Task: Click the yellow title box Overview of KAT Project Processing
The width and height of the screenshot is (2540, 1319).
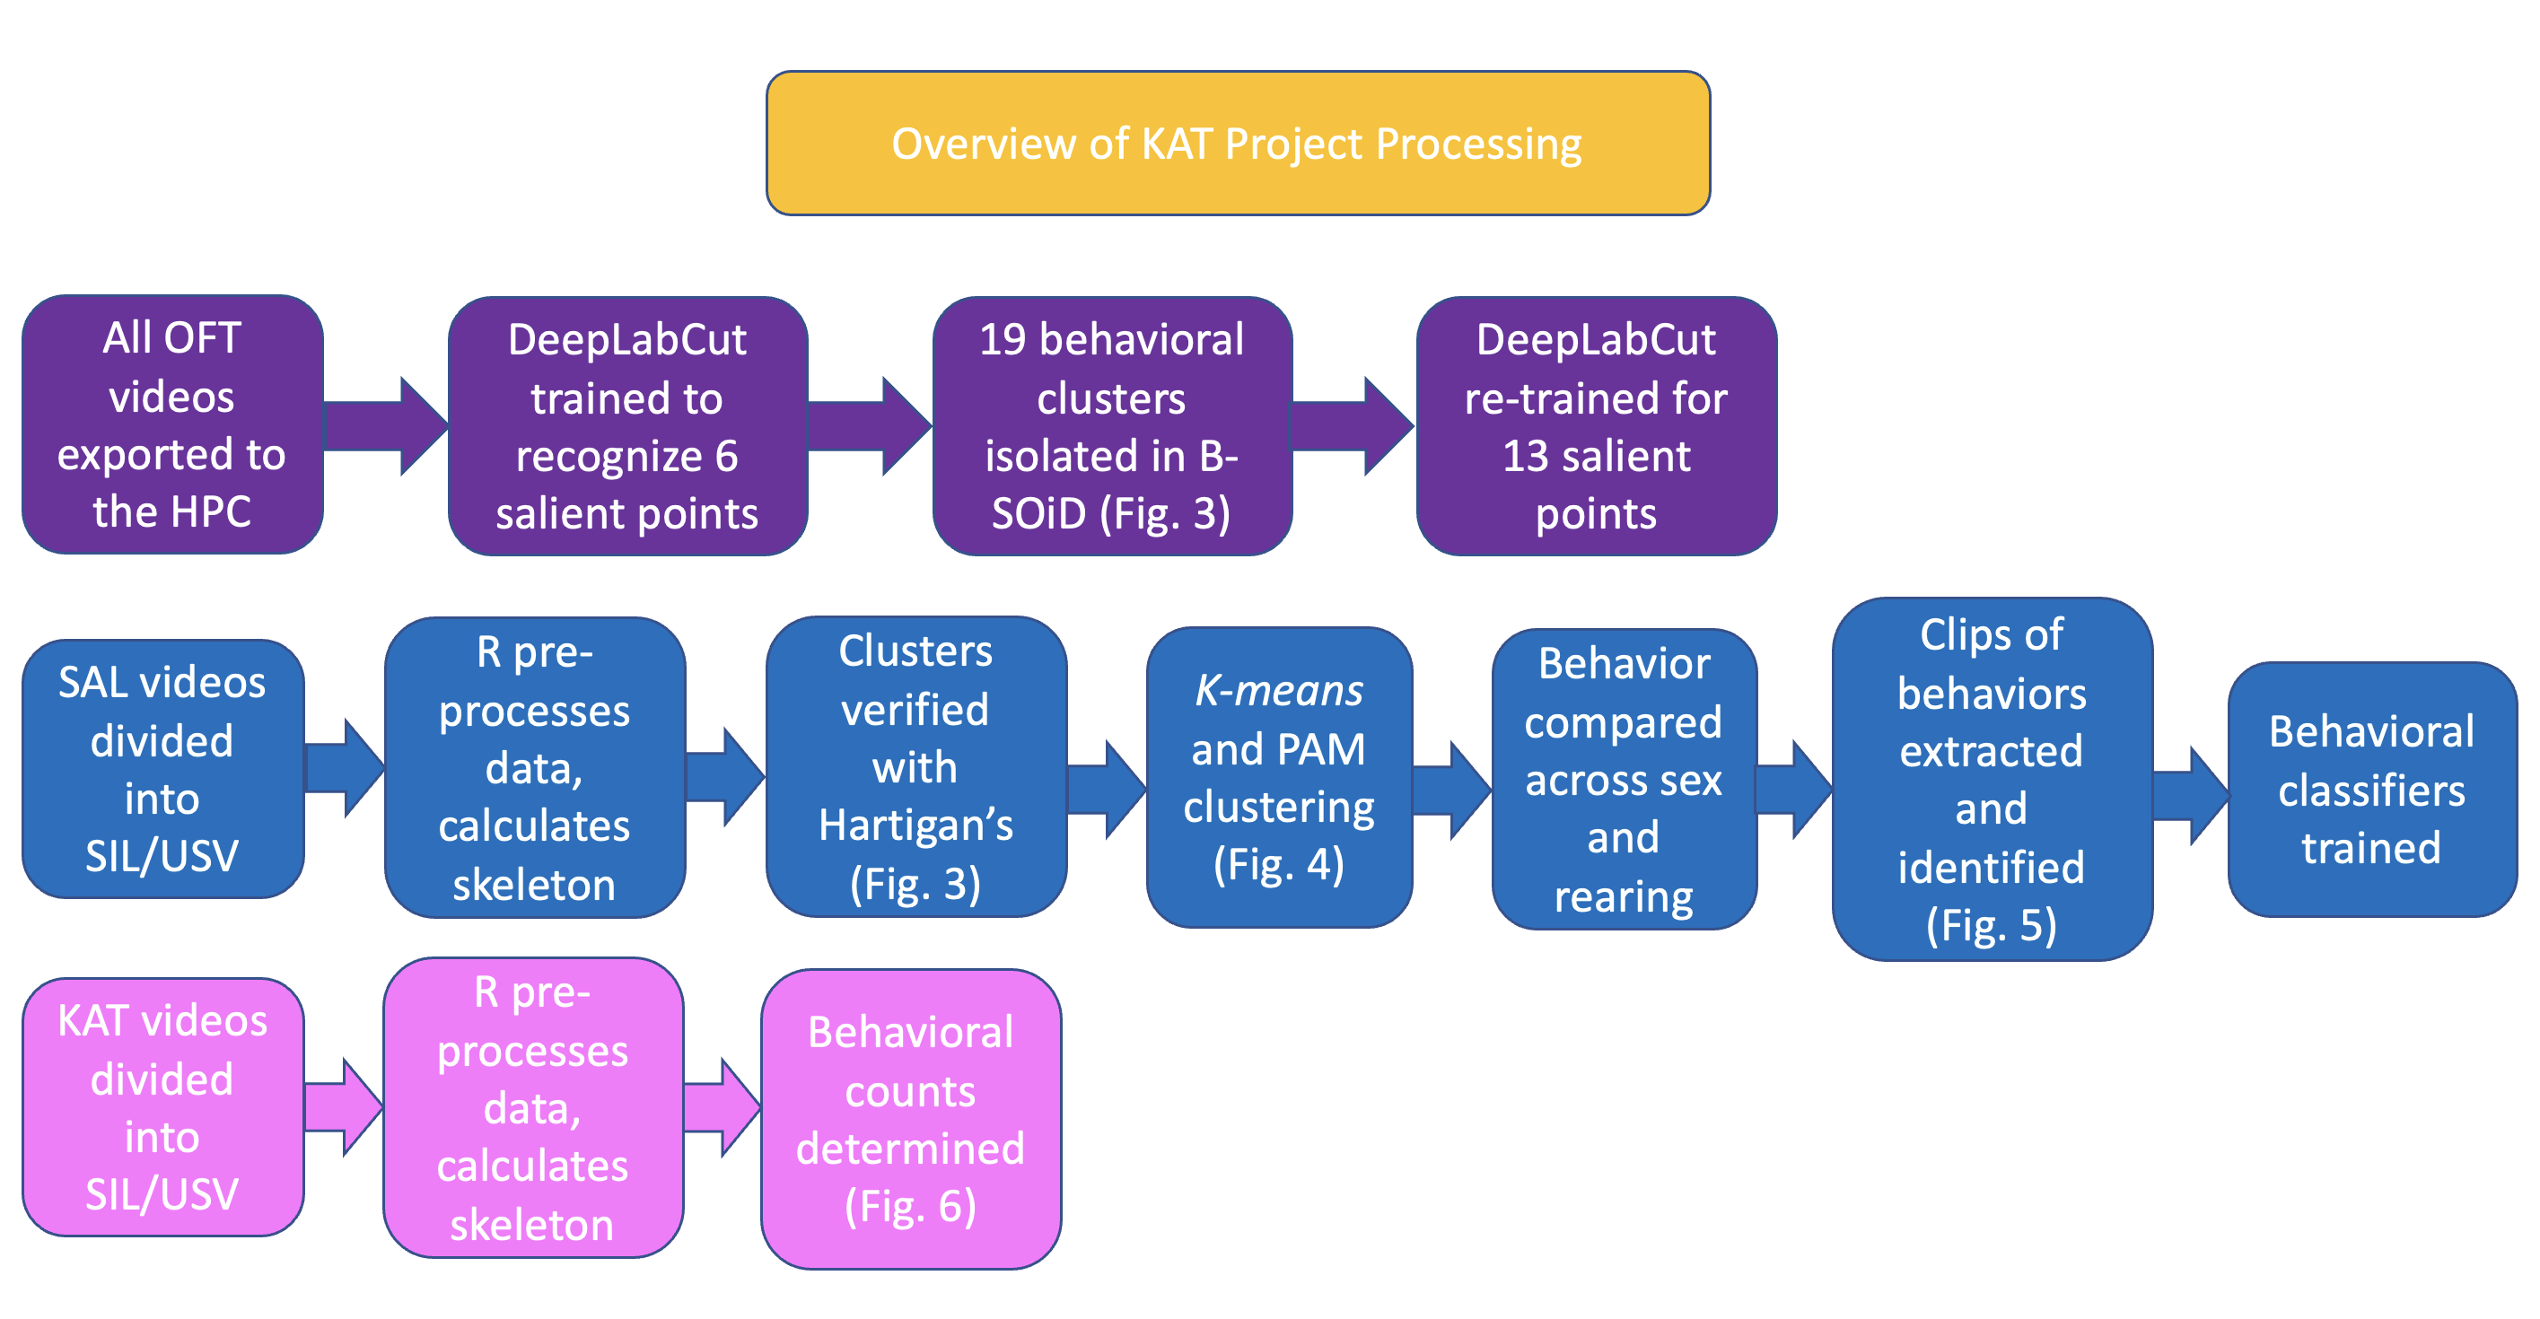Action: point(1238,143)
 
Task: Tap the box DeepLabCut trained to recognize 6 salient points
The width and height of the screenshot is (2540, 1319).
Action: point(627,426)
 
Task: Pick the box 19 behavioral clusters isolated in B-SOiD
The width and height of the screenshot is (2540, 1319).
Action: point(1111,426)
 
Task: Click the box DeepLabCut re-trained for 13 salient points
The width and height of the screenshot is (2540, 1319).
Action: point(1596,426)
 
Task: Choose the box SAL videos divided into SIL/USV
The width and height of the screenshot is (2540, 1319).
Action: point(162,768)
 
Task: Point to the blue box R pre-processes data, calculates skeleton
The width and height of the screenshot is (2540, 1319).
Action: point(533,767)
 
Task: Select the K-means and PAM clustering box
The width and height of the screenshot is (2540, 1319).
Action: point(1279,777)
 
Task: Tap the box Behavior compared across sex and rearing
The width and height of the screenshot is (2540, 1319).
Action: point(1623,779)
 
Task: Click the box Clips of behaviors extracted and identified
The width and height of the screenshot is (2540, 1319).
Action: point(1991,779)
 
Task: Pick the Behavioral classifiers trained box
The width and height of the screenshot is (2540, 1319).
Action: point(2370,789)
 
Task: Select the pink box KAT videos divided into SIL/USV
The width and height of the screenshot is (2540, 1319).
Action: point(162,1106)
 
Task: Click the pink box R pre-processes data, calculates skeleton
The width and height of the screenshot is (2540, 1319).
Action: point(532,1107)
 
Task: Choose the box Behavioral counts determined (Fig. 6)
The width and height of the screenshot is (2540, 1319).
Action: point(910,1118)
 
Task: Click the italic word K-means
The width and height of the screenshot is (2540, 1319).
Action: point(1279,691)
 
